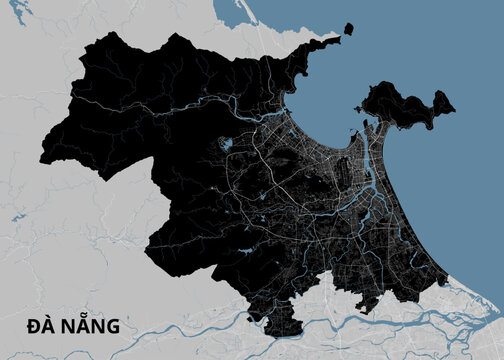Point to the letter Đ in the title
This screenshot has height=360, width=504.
tap(34, 325)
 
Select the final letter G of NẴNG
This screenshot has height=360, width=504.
tap(112, 325)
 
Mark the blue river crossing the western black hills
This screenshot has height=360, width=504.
tap(180, 105)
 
